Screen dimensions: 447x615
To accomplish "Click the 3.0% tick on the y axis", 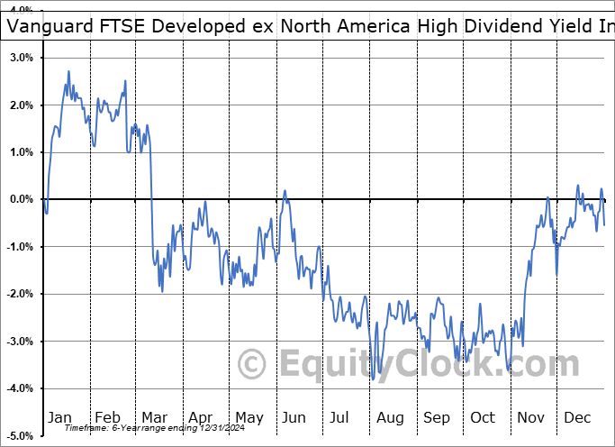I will click(x=22, y=58).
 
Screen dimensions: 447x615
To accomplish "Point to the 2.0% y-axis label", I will click(x=22, y=105).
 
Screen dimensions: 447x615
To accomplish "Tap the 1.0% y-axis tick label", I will click(x=22, y=152).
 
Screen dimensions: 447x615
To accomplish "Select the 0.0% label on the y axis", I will click(x=22, y=199).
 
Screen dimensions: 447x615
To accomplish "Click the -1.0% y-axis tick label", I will click(x=20, y=247).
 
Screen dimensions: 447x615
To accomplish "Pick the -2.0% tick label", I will click(x=20, y=294).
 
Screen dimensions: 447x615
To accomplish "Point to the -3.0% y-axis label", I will click(x=20, y=342).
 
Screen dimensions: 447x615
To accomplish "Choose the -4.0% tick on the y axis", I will click(x=20, y=388).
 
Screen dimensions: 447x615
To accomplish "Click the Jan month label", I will click(x=60, y=417).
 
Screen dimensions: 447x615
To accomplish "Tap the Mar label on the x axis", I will click(x=155, y=417).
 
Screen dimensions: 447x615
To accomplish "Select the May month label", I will click(x=249, y=417).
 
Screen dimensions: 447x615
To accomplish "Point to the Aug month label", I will click(x=391, y=417).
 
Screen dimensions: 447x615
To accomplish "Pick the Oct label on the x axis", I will click(x=484, y=417).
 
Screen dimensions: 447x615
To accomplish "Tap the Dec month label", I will click(x=578, y=417).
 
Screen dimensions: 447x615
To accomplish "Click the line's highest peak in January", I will click(x=68, y=72).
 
